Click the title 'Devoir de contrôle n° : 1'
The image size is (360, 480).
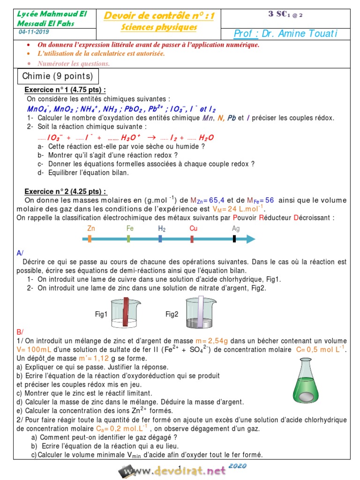click(158, 16)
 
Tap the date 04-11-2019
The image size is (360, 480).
click(34, 32)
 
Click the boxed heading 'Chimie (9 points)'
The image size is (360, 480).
click(58, 76)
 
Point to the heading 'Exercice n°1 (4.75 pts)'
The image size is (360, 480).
click(65, 90)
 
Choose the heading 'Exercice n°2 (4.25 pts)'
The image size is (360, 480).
click(66, 191)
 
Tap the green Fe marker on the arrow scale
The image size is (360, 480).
click(128, 239)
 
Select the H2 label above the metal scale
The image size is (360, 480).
click(161, 228)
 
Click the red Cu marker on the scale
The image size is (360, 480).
click(192, 239)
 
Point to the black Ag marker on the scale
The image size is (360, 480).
click(234, 239)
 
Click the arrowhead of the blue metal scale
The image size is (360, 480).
click(251, 239)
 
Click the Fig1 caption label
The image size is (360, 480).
click(101, 315)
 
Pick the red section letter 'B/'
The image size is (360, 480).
click(20, 332)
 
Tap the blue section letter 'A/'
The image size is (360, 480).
click(20, 253)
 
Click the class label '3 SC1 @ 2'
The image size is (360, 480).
click(285, 14)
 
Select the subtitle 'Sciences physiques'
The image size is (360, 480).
click(158, 27)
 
